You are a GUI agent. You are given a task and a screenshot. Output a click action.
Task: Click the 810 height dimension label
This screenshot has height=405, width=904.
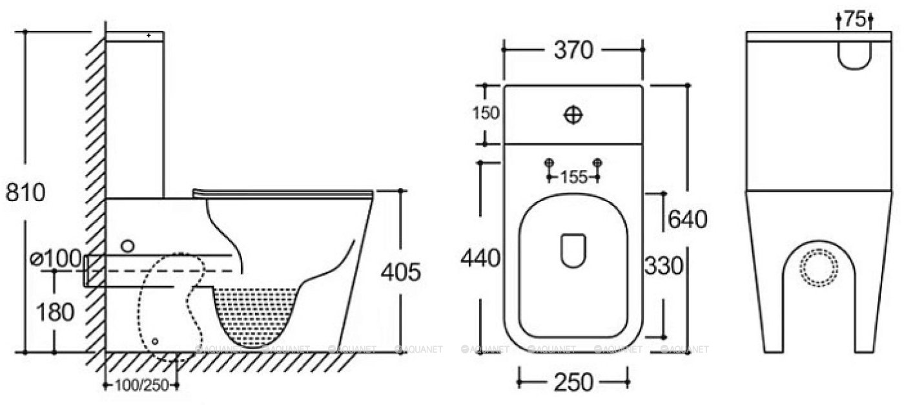point(25,192)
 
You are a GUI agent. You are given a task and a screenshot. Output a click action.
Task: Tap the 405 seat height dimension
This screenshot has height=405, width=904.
point(401,272)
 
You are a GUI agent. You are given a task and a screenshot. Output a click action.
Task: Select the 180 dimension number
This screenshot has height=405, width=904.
point(56,312)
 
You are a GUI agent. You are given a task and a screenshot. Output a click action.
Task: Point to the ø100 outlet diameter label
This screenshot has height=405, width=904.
point(56,258)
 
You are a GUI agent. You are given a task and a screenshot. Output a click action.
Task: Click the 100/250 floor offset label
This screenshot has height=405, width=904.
point(141,386)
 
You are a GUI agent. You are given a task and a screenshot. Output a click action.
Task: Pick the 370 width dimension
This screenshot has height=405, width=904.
point(573,50)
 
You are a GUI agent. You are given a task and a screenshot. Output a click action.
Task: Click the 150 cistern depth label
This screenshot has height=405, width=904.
point(486,112)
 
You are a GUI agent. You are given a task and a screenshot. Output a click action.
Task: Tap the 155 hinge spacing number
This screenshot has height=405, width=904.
point(574,177)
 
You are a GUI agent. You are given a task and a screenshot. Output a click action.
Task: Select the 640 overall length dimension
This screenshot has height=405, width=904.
point(688,220)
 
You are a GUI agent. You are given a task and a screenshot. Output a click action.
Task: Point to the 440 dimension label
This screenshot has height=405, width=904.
point(480,258)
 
